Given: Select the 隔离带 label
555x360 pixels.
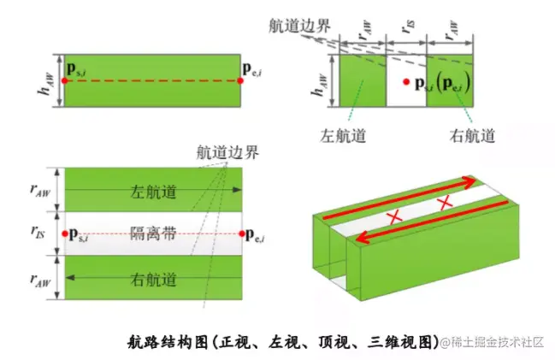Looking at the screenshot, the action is (x=153, y=232).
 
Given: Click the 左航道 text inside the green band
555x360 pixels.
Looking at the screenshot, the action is (x=153, y=192).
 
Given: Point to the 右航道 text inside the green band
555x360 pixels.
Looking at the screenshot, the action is (x=153, y=279).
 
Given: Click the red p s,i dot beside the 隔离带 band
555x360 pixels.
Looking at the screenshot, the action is (x=65, y=233).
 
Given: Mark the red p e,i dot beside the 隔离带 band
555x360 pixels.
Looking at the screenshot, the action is (x=244, y=233).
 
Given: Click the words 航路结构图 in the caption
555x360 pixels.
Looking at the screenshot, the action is (x=159, y=341).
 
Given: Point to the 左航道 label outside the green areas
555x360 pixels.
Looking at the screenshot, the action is (x=343, y=135).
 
